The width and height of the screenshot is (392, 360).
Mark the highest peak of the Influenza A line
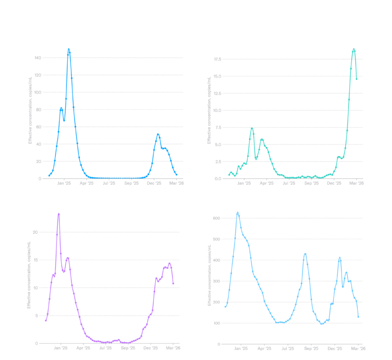tap(68, 49)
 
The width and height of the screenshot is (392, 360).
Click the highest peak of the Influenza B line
tap(354, 49)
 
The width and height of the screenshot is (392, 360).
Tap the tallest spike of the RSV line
tap(58, 213)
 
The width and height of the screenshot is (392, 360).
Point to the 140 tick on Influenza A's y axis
tap(38, 58)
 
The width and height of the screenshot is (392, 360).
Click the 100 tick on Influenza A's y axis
tap(38, 92)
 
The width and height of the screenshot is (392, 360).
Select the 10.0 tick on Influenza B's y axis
tap(217, 110)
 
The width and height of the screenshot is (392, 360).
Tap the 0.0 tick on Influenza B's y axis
tap(217, 179)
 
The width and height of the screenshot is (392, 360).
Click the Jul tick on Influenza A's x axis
tap(109, 183)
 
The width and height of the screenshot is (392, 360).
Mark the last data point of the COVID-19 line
tap(358, 317)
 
